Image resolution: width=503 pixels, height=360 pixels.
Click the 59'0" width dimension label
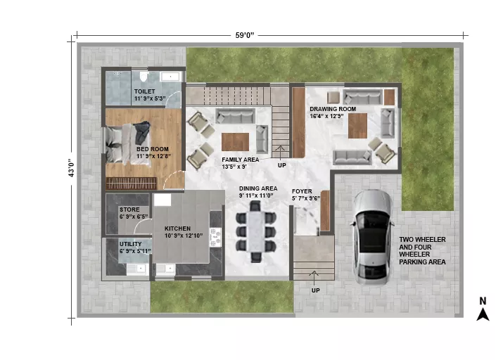coord(245,35)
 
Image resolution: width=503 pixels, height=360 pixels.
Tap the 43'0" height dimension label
coord(71,168)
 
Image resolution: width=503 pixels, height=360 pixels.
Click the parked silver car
coord(372,238)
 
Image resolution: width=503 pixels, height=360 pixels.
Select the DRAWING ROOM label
coord(333,109)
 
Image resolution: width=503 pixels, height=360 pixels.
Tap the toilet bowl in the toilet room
coord(143,76)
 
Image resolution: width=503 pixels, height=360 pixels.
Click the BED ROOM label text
coord(153,149)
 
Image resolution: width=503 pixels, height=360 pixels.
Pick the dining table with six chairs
coord(255,231)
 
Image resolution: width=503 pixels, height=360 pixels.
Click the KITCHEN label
coord(177,229)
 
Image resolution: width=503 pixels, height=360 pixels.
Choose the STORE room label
coord(129,210)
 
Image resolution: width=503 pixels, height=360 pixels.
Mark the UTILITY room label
coord(131,244)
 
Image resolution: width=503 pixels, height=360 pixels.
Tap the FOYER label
coord(302,191)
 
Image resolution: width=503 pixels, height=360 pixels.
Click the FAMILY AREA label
coord(241,160)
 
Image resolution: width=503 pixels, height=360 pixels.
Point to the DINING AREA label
coord(258,188)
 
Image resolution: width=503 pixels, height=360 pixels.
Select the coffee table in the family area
coord(235,142)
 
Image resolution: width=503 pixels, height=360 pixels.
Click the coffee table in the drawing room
coord(357,126)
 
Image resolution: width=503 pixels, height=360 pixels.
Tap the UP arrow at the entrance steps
coord(314,275)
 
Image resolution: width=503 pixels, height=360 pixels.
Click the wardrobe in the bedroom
coord(132,184)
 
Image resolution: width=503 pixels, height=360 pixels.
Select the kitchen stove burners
coord(215,237)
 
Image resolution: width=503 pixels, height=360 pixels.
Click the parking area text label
coord(422,251)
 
